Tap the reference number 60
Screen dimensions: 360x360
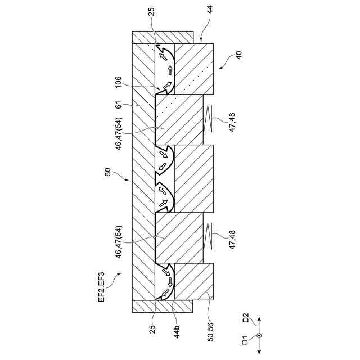point(107,172)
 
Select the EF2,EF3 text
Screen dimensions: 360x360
point(101,288)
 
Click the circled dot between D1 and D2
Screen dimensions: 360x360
point(259,336)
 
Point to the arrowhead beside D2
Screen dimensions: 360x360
point(259,317)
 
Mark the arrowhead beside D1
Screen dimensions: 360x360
point(259,353)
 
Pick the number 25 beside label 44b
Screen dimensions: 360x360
point(152,330)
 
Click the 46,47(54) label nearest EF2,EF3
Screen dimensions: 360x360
point(119,241)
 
